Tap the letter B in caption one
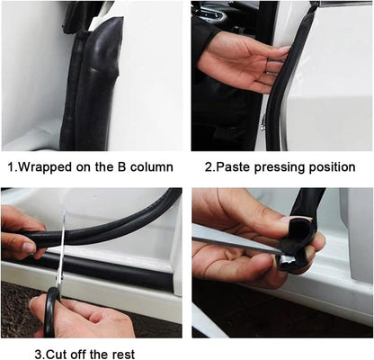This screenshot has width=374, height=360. (116, 167)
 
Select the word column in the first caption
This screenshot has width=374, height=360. (149, 167)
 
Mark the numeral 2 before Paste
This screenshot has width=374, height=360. (208, 167)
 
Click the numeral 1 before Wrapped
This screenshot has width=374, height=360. (12, 167)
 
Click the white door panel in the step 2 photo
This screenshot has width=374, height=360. (333, 81)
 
